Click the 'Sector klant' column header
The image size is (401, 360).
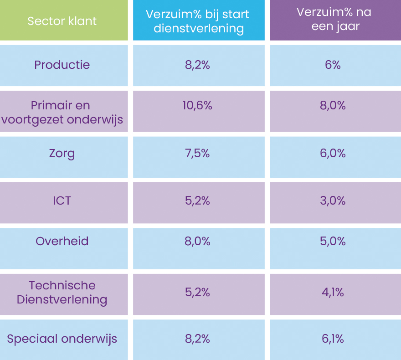pyautogui.click(x=62, y=21)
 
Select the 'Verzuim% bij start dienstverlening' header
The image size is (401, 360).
pyautogui.click(x=198, y=21)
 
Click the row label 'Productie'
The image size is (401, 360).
pyautogui.click(x=62, y=65)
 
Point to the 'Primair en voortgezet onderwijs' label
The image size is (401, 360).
pyautogui.click(x=62, y=113)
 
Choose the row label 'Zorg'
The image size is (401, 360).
pyautogui.click(x=62, y=154)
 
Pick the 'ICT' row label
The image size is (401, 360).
pyautogui.click(x=62, y=201)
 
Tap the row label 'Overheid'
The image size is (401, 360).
pyautogui.click(x=62, y=241)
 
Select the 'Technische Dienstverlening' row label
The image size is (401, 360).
pyautogui.click(x=62, y=293)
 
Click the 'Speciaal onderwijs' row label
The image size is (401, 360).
pyautogui.click(x=62, y=339)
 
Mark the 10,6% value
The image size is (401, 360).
pyautogui.click(x=197, y=106)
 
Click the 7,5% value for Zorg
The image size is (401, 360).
pyautogui.click(x=197, y=154)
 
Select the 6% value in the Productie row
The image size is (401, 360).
pyautogui.click(x=333, y=65)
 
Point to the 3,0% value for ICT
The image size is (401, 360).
pyautogui.click(x=333, y=201)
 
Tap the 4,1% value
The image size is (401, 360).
pyautogui.click(x=333, y=292)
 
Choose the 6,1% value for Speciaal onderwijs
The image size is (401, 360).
pyautogui.click(x=333, y=339)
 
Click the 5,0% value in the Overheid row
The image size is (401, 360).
pyautogui.click(x=333, y=241)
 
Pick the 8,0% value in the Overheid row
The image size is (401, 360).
pyautogui.click(x=197, y=241)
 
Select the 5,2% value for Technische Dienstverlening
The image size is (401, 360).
pyautogui.click(x=197, y=292)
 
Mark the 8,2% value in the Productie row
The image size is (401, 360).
pyautogui.click(x=197, y=65)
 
